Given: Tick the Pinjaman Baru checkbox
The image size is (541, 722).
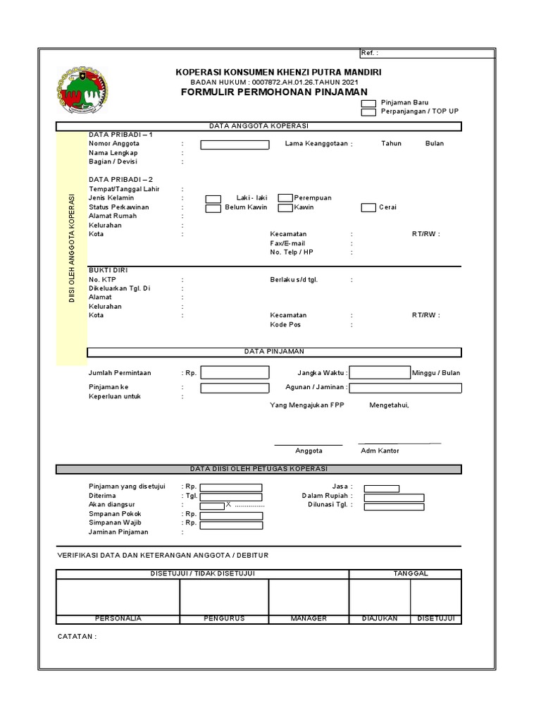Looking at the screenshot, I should [x=368, y=103].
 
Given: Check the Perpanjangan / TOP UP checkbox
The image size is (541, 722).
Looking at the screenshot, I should [x=368, y=112].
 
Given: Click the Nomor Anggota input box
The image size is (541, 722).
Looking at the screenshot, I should [x=235, y=145].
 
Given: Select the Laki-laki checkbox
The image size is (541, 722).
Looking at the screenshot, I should [x=213, y=199].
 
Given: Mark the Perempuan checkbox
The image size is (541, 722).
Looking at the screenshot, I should [x=285, y=199].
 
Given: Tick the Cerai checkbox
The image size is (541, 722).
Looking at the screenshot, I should [x=368, y=208].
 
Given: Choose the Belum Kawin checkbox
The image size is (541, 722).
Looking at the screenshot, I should [x=213, y=208].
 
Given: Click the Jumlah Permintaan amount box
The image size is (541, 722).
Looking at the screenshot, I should [x=235, y=372].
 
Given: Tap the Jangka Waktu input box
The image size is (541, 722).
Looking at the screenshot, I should [x=380, y=372].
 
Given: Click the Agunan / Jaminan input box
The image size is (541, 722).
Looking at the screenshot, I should [x=406, y=388].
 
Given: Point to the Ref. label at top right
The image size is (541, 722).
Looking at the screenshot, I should [x=369, y=54].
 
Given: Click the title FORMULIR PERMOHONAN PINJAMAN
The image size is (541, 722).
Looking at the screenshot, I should [x=274, y=92].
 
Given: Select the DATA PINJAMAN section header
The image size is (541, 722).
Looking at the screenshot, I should [x=274, y=351].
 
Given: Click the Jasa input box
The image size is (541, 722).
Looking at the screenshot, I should [x=381, y=488].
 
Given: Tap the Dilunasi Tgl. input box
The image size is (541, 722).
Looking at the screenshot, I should [x=394, y=506].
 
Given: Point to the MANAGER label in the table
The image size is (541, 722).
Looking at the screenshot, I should [x=309, y=618].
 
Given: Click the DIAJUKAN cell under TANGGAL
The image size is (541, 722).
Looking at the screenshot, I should [x=380, y=618].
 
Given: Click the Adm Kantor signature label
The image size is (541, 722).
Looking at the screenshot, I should [x=380, y=451].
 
